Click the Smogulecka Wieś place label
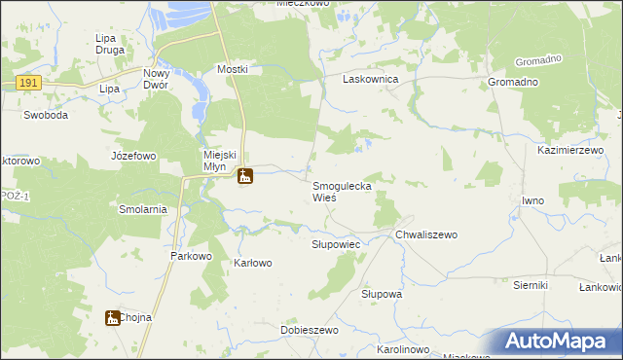pyautogui.click(x=342, y=191)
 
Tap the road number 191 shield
pyautogui.click(x=27, y=85)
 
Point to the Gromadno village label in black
pyautogui.click(x=513, y=82)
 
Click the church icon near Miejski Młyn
pyautogui.click(x=244, y=176)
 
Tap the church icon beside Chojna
pyautogui.click(x=113, y=317)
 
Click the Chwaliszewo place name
pyautogui.click(x=426, y=234)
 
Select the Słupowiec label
pyautogui.click(x=336, y=244)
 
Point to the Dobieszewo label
pyautogui.click(x=309, y=331)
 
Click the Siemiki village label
pyautogui.click(x=531, y=285)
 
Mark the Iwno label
pyautogui.click(x=532, y=200)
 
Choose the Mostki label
pyautogui.click(x=233, y=70)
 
